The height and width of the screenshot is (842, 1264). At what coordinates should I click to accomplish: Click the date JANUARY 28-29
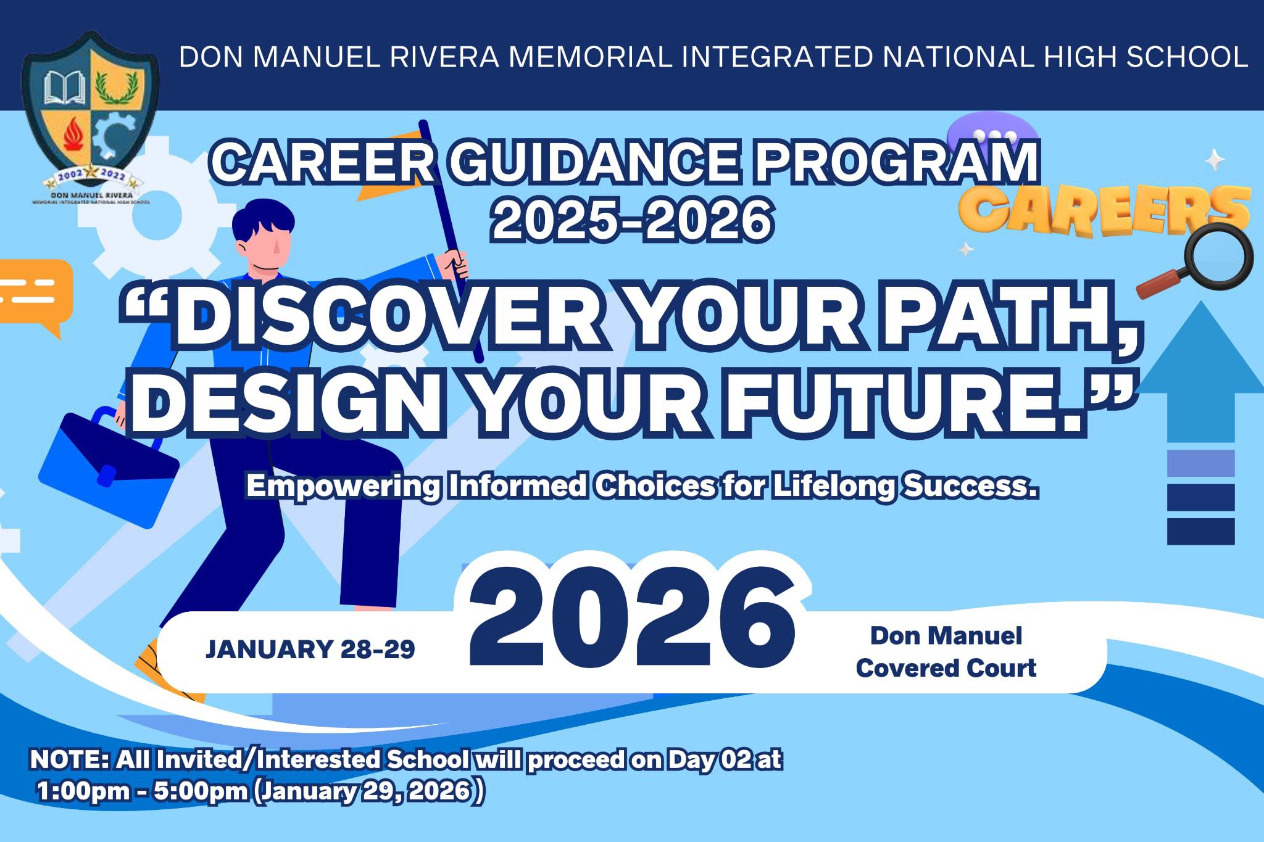pos(310,649)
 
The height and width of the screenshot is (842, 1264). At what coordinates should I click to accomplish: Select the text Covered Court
pos(946,667)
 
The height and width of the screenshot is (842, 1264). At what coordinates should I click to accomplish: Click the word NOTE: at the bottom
pos(69,759)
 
